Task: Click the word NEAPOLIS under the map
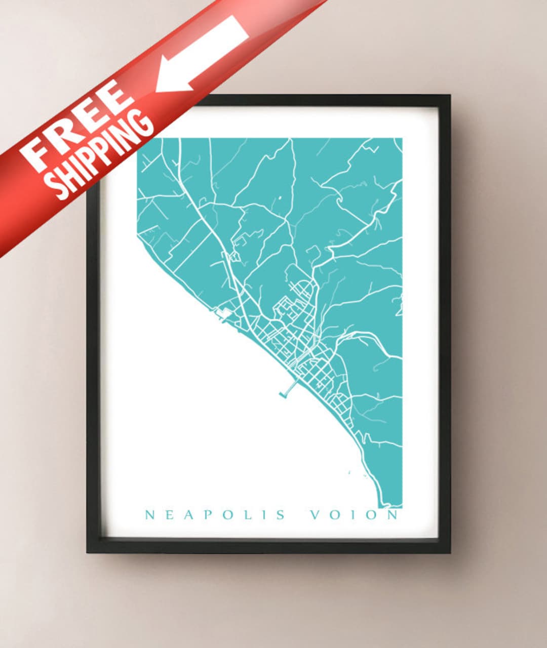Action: point(215,515)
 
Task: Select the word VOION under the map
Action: point(355,515)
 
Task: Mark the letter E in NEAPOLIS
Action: point(169,515)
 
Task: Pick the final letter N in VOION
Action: point(393,515)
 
